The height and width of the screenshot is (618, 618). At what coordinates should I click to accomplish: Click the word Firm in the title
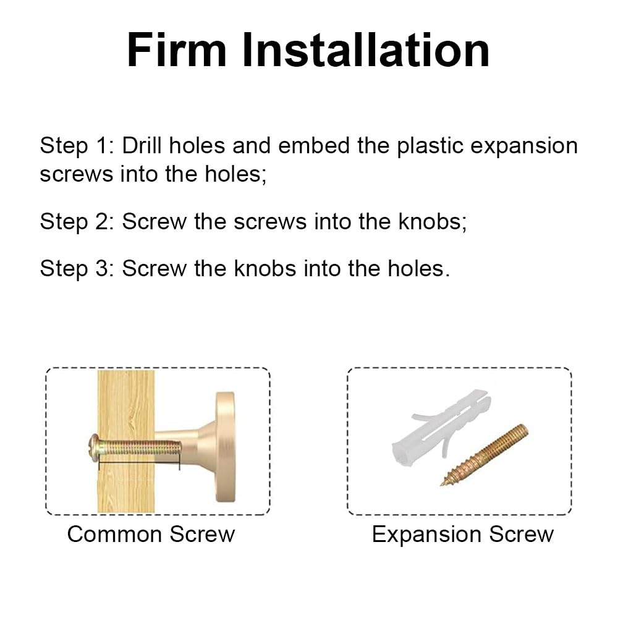177,50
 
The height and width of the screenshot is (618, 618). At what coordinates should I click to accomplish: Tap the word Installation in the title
366,50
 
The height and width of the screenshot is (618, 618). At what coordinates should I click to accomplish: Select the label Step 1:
77,146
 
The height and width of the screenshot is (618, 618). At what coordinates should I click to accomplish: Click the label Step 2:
77,221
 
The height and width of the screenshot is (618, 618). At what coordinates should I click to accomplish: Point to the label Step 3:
77,269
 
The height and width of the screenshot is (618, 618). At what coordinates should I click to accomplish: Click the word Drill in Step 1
142,145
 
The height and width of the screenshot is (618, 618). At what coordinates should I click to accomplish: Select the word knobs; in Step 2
433,221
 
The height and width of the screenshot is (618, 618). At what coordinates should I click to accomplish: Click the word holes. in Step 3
418,269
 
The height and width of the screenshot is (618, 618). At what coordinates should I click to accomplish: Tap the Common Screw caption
151,535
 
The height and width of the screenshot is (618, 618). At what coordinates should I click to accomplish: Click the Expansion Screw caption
463,535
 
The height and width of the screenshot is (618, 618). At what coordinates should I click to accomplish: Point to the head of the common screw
94,447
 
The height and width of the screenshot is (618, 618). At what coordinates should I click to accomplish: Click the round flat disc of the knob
225,447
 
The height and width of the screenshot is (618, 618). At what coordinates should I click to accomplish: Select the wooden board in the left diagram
126,441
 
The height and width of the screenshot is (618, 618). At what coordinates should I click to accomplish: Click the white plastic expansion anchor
441,427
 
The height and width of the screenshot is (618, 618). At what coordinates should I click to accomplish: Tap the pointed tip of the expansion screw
441,485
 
